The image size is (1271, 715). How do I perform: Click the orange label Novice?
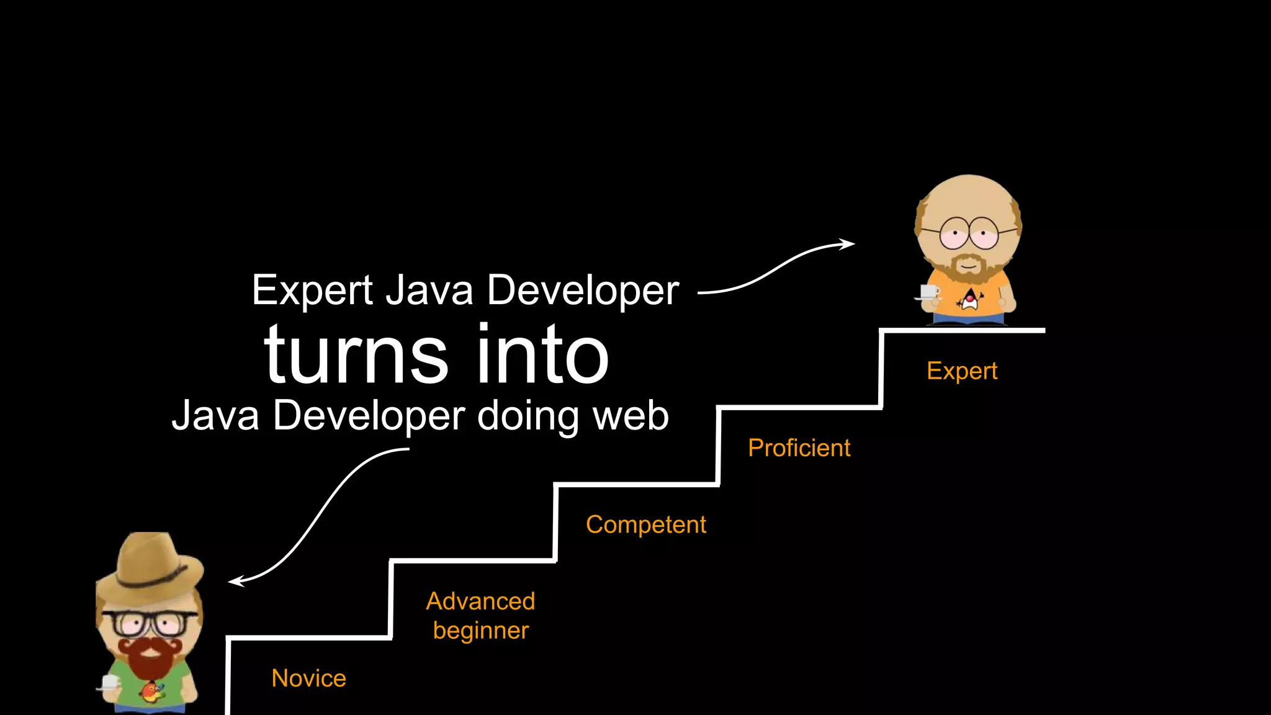click(308, 678)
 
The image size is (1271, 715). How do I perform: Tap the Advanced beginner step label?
click(480, 616)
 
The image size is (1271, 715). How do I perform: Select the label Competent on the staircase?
click(645, 525)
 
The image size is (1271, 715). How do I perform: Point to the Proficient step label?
click(799, 448)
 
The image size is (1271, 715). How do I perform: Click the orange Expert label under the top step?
click(961, 371)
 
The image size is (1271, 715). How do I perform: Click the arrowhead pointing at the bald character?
click(848, 243)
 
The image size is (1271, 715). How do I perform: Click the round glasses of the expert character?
click(968, 233)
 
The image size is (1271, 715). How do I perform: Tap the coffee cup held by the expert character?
click(928, 292)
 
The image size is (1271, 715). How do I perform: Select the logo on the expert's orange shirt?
click(969, 300)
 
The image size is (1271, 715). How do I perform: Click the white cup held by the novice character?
click(109, 683)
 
